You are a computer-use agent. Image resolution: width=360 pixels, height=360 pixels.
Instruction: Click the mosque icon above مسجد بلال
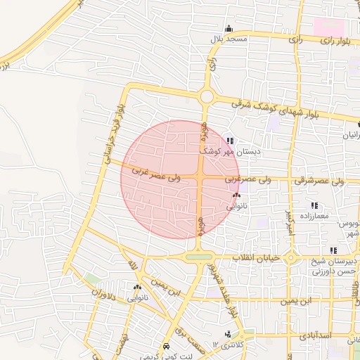[x=228, y=29]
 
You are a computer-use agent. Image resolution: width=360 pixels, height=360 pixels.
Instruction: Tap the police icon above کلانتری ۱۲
[x=227, y=334]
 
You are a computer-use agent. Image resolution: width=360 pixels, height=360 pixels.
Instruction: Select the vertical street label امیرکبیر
[x=288, y=224]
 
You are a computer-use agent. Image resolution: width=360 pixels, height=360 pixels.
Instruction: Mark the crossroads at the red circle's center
[x=200, y=179]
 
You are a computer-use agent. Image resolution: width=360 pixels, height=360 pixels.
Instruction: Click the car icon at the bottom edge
[x=166, y=347]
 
